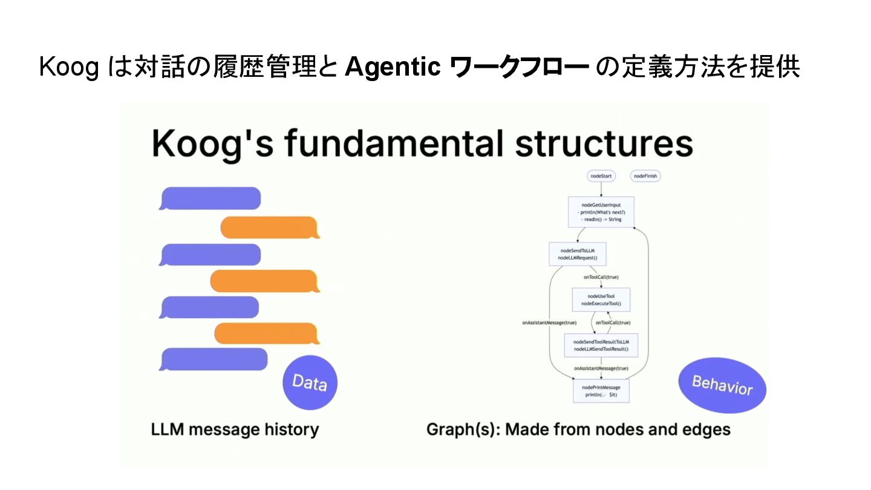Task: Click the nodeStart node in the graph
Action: coord(601,176)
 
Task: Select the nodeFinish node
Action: coord(645,176)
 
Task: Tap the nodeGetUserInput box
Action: coord(601,212)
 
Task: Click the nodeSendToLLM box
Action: coord(577,254)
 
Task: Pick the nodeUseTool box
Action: coord(601,299)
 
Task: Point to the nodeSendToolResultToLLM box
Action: coord(601,345)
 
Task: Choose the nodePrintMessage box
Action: coord(601,390)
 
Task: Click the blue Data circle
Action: coord(310,382)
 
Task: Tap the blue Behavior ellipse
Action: coord(722,385)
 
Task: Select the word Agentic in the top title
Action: coord(392,68)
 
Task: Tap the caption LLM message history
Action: coord(235,430)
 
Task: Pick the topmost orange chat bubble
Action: coord(270,227)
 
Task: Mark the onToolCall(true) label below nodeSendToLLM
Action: coord(601,277)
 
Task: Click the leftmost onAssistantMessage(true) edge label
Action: coord(549,323)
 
